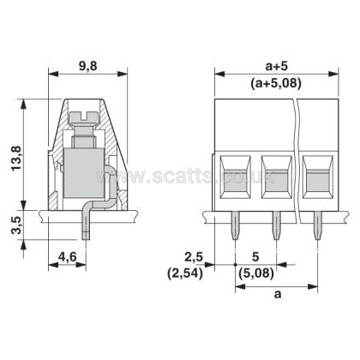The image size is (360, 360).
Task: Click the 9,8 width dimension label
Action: [x=88, y=66]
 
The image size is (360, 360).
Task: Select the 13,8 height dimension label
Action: [x=17, y=158]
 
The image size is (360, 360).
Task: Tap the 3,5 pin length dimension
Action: [x=17, y=225]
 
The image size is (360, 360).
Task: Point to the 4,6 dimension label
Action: [x=68, y=257]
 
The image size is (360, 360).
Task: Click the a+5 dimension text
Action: [x=276, y=66]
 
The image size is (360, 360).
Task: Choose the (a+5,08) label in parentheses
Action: [x=276, y=84]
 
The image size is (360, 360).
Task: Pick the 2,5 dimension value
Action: [x=194, y=257]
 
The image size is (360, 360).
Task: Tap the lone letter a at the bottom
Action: [x=278, y=294]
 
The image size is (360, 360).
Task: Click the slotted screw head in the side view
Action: [x=83, y=118]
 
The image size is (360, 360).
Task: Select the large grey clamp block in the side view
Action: [x=83, y=173]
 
